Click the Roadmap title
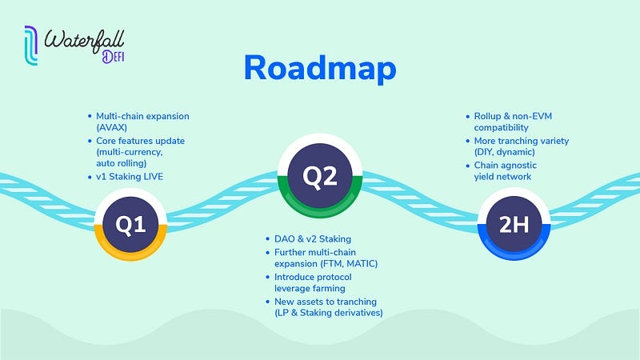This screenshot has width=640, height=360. pos(320,68)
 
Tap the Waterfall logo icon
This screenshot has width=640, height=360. pos(30,46)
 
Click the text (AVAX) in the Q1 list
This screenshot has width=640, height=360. pos(114,128)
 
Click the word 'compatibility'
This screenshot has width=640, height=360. pos(502,128)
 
